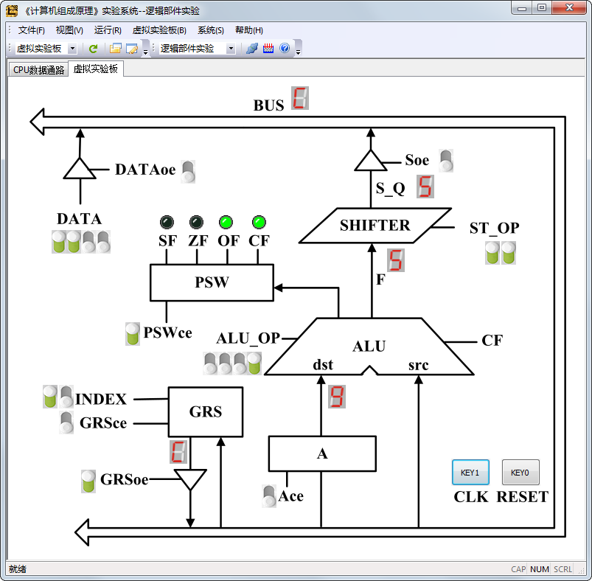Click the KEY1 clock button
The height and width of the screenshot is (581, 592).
(470, 473)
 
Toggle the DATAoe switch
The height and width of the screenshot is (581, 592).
(189, 172)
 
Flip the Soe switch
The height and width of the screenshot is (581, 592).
(446, 161)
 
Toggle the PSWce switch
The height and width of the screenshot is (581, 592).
(133, 334)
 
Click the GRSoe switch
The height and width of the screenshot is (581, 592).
(88, 481)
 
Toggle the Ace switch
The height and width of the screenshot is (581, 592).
(269, 496)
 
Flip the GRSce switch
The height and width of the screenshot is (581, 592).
(66, 422)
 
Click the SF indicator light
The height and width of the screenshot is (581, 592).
(167, 223)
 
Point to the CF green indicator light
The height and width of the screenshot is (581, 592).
(259, 223)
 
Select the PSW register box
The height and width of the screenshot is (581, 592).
(212, 283)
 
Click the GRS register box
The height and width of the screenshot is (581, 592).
(206, 412)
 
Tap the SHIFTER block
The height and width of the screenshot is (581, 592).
(375, 226)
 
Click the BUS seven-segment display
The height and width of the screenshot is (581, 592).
(300, 98)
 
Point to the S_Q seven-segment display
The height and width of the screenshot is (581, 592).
(425, 187)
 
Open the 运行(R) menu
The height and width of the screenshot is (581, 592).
(108, 30)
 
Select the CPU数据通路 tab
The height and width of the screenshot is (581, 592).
(38, 70)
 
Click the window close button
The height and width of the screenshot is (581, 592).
(569, 7)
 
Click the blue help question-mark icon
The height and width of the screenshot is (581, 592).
(285, 48)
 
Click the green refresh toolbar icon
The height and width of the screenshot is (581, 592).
(93, 49)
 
